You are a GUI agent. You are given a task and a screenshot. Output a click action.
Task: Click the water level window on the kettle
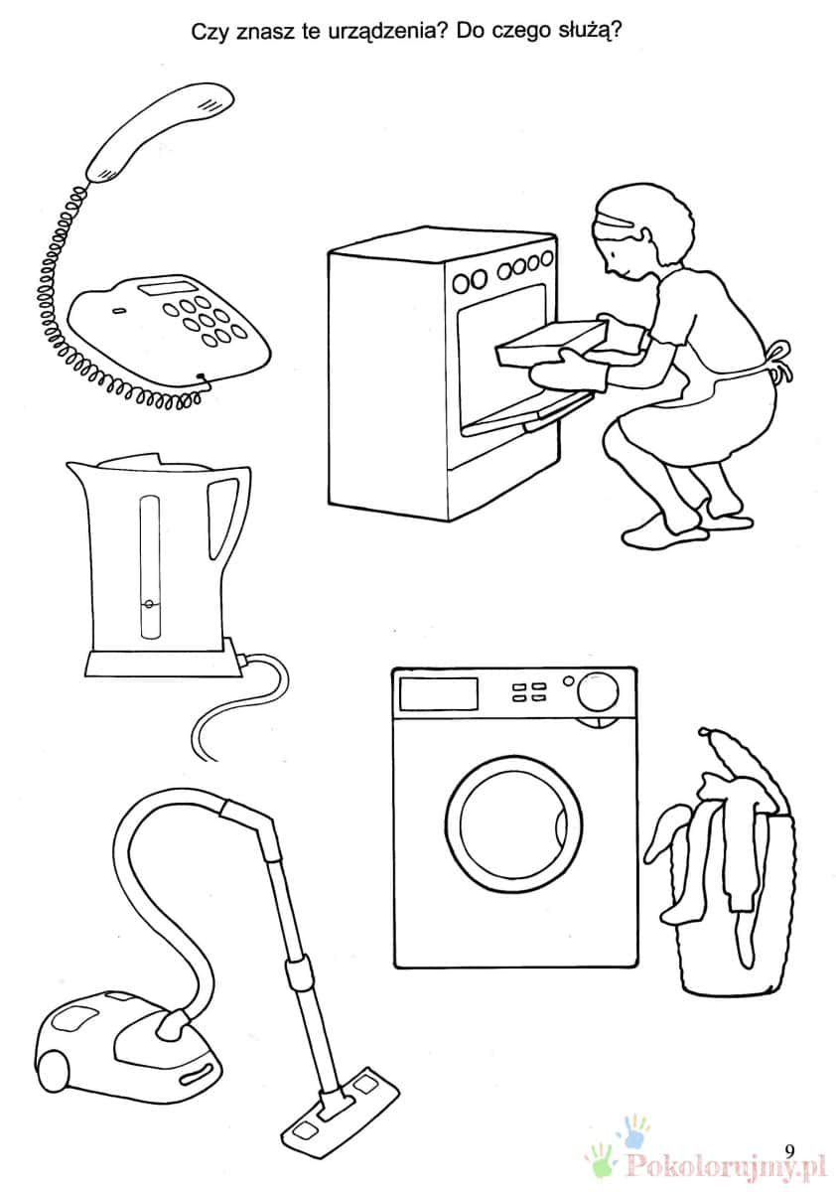(149, 567)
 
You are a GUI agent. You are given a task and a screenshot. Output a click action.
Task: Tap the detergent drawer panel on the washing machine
(438, 693)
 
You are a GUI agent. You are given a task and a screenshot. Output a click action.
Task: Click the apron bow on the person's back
(780, 360)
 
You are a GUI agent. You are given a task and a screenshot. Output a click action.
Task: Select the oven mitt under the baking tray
(569, 372)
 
